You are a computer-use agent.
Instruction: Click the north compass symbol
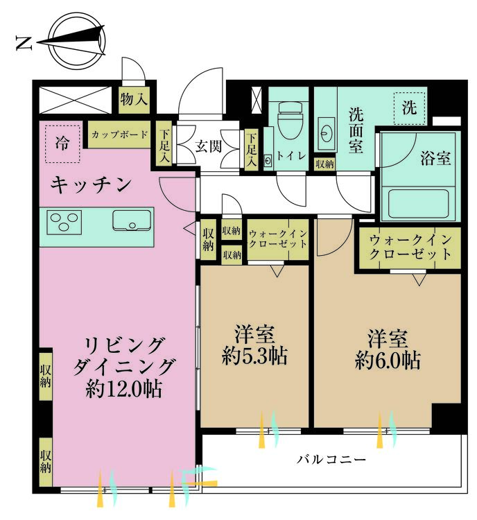(76, 42)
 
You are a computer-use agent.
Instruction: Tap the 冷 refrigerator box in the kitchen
(62, 144)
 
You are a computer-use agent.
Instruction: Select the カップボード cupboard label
(119, 135)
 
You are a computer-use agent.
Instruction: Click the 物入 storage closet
(134, 99)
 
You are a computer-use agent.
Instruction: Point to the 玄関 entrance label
(208, 146)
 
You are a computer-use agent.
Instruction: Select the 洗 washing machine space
(410, 107)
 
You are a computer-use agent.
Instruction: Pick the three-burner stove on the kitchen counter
(64, 222)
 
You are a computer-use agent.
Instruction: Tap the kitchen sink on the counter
(132, 220)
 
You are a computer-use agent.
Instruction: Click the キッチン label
(92, 184)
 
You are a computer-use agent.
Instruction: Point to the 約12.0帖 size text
(123, 389)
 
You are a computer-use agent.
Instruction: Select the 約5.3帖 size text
(254, 356)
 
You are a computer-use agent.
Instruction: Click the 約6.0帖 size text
(388, 360)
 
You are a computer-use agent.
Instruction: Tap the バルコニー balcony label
(331, 460)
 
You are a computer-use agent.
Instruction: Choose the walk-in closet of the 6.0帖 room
(410, 248)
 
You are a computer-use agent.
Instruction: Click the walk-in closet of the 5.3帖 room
(278, 239)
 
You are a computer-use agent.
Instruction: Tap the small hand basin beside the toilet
(268, 162)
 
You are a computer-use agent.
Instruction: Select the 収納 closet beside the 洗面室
(324, 164)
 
